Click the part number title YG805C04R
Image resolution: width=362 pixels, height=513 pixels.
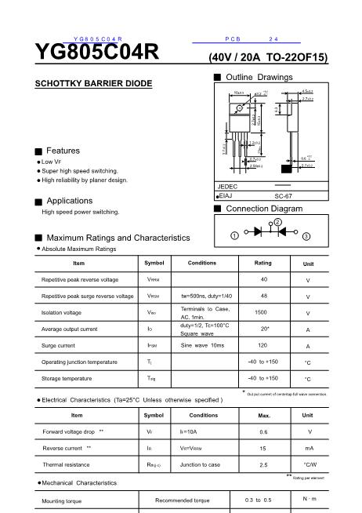[96, 52]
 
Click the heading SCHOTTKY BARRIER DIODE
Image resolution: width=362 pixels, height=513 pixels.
[94, 83]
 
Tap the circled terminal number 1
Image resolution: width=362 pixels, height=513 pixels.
[234, 235]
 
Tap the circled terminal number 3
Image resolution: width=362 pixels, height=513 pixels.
[306, 235]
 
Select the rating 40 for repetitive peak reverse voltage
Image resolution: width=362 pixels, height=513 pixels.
[263, 279]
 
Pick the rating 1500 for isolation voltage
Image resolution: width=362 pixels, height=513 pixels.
[263, 312]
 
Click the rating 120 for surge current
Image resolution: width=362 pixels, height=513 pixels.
[263, 345]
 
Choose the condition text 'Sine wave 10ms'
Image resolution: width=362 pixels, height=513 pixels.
[202, 345]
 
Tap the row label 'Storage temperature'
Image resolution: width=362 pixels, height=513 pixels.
[67, 378]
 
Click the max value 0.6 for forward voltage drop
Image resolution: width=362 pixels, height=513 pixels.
[263, 432]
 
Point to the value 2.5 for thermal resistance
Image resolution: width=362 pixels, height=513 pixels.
[263, 465]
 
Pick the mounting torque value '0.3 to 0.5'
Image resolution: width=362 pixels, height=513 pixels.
[258, 500]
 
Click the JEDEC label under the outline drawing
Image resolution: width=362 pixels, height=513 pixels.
[226, 187]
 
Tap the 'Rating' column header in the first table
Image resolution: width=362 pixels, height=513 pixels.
[263, 263]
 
